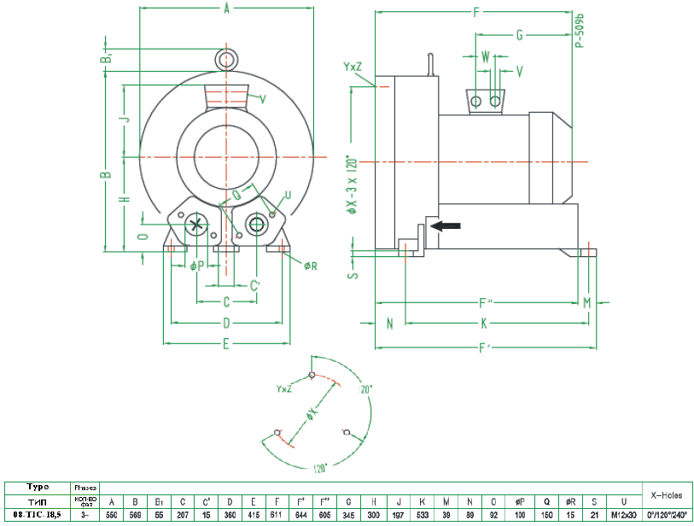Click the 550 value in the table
pyautogui.click(x=112, y=515)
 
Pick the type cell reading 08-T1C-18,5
pyautogui.click(x=37, y=515)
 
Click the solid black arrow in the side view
pyautogui.click(x=446, y=225)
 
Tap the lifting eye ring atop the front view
pyautogui.click(x=226, y=59)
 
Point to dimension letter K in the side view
pyautogui.click(x=484, y=323)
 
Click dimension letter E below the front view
pyautogui.click(x=226, y=343)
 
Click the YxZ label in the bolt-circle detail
pyautogui.click(x=285, y=389)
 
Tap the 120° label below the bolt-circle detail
pyautogui.click(x=319, y=467)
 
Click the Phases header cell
pyautogui.click(x=85, y=487)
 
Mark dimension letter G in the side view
pyautogui.click(x=519, y=35)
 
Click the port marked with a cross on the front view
pyautogui.click(x=196, y=225)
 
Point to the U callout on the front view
pyautogui.click(x=288, y=195)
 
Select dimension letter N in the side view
pyautogui.click(x=389, y=323)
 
